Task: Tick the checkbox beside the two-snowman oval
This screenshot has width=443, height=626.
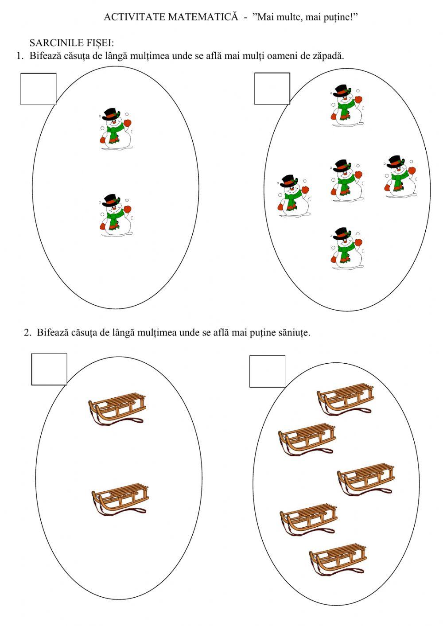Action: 38,89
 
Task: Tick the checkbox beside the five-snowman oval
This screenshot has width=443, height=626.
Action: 272,88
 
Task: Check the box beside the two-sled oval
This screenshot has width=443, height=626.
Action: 49,369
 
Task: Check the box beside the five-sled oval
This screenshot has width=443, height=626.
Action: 267,371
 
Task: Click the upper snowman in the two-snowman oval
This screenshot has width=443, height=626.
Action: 116,128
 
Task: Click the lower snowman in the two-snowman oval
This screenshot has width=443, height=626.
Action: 116,215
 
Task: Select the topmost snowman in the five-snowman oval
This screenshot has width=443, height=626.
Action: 346,105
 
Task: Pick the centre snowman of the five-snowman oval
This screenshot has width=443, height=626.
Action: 346,180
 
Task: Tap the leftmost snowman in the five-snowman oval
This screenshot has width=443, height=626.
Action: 294,196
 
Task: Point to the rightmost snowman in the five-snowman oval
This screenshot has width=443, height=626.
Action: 400,176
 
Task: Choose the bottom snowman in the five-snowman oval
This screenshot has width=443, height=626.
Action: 346,248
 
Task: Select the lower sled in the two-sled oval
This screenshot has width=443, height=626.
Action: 120,499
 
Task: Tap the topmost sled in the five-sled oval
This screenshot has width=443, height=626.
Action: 346,399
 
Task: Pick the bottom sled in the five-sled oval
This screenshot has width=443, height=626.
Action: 338,560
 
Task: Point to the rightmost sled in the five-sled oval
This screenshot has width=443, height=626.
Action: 366,479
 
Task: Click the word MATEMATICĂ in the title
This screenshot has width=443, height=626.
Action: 203,17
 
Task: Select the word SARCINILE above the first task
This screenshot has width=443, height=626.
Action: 53,43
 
